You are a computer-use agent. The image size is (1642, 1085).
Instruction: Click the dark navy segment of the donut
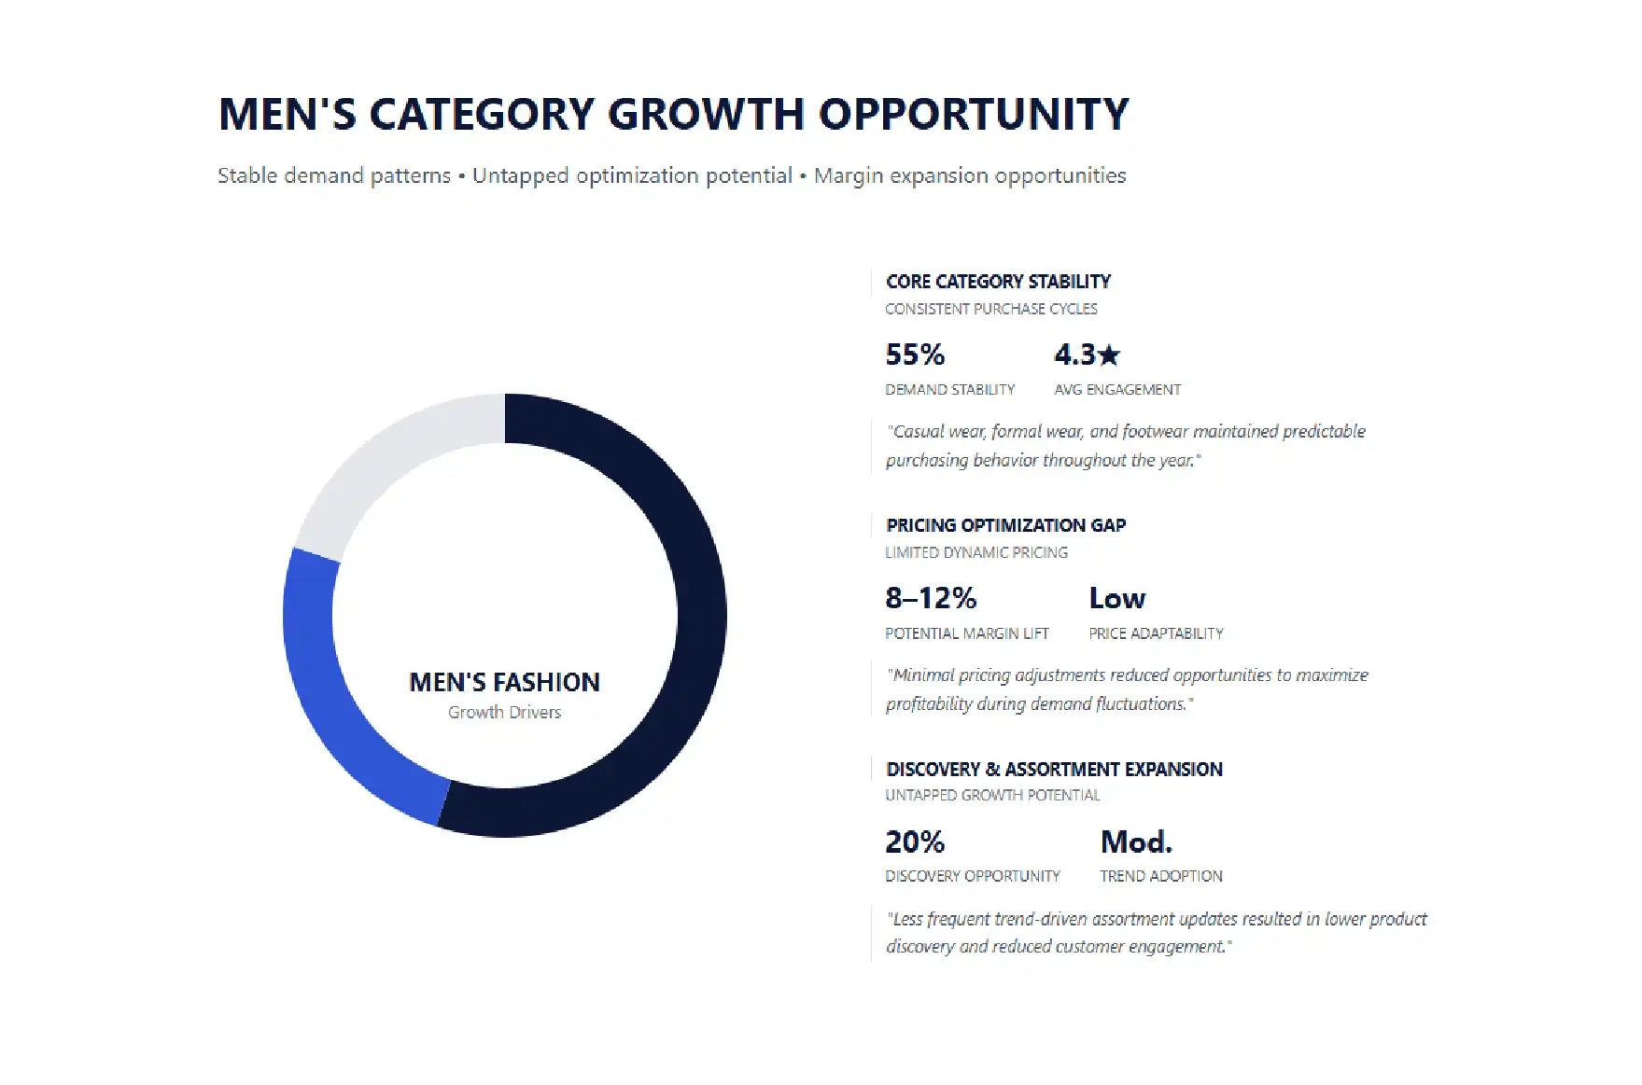(x=702, y=616)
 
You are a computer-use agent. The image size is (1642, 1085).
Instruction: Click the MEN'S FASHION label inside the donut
(x=504, y=682)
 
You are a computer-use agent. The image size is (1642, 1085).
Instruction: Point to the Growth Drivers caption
(x=504, y=712)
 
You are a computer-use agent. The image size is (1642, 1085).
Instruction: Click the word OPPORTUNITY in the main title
(x=974, y=114)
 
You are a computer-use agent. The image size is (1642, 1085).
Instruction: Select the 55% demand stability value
(x=915, y=355)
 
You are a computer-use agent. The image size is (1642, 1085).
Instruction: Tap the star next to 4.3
(x=1109, y=355)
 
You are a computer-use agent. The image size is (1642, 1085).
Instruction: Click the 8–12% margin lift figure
(x=931, y=598)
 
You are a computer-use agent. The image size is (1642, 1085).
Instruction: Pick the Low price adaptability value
(x=1116, y=598)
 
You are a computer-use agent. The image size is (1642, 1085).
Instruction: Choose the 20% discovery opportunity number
(x=915, y=842)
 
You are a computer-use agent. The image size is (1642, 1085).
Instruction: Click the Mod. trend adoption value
(x=1136, y=842)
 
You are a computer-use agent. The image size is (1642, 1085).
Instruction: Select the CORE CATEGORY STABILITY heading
(x=998, y=281)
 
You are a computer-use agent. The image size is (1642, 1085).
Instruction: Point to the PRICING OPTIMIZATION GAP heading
(x=1005, y=525)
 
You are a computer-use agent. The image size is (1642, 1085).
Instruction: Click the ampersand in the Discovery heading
(x=992, y=769)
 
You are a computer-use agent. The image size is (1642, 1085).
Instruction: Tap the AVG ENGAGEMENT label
(x=1117, y=389)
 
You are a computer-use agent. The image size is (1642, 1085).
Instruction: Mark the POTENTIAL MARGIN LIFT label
(x=967, y=633)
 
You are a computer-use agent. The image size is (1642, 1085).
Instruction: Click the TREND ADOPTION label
(x=1161, y=876)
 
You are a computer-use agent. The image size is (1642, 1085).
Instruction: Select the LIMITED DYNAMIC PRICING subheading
(x=976, y=552)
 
